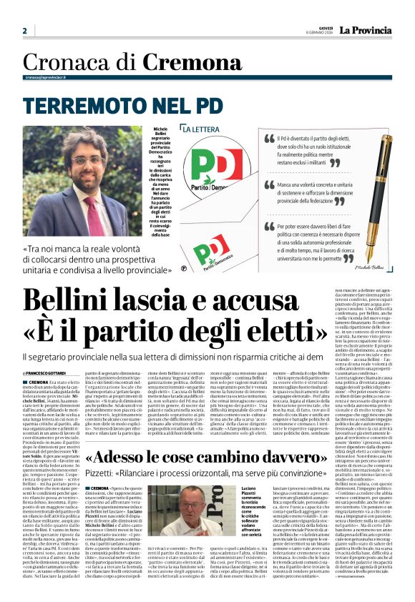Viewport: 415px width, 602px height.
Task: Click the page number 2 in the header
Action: point(24,31)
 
